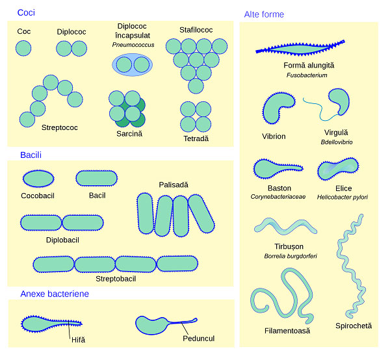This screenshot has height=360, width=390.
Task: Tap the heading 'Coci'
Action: click(26, 12)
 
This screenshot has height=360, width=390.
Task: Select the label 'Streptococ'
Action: click(59, 127)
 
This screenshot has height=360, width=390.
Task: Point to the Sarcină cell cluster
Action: click(127, 107)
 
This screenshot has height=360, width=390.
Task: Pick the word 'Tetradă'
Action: click(196, 139)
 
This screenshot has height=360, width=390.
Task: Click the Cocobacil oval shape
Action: click(39, 177)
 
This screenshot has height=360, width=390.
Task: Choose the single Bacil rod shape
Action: click(96, 177)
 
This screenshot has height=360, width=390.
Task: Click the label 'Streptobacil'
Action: click(116, 279)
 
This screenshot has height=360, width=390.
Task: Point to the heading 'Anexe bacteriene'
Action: click(55, 294)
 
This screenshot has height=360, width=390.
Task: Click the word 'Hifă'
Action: click(79, 340)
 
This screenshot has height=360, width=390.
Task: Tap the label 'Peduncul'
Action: click(199, 339)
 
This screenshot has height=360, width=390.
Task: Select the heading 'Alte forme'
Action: click(263, 14)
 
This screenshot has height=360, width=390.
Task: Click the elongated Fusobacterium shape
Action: click(309, 50)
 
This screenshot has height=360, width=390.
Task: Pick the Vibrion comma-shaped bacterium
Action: click(276, 108)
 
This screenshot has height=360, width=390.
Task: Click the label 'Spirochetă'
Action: click(354, 326)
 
